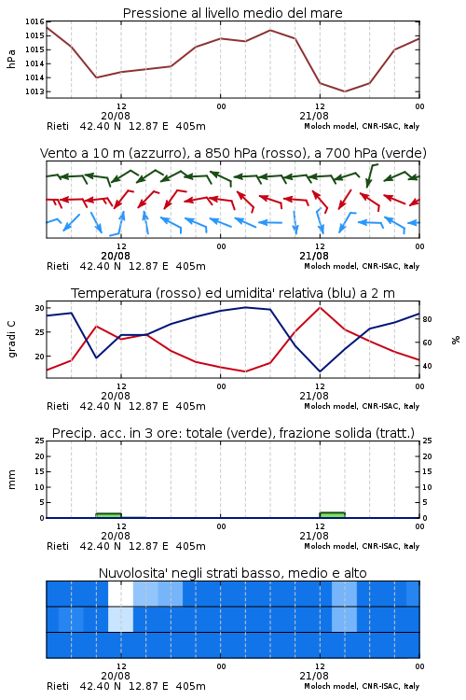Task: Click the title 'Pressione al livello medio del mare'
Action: click(232, 13)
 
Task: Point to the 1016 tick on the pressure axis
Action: click(34, 21)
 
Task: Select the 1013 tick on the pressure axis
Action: click(34, 91)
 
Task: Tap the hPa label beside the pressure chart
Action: click(11, 59)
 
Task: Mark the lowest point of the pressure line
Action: click(344, 91)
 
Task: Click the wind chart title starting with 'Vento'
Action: click(233, 153)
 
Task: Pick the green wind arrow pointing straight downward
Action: click(370, 175)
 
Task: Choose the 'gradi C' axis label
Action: click(12, 340)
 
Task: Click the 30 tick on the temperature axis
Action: click(40, 308)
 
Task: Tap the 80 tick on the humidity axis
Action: click(427, 319)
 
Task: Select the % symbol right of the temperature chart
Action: click(456, 340)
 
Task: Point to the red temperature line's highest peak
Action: click(320, 308)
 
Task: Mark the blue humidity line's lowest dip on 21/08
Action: click(320, 371)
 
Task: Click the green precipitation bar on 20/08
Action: click(108, 515)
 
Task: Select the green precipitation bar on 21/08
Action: click(332, 514)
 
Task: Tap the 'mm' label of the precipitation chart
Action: click(12, 480)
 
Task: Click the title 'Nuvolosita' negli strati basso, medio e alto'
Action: click(232, 573)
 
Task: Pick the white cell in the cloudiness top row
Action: click(120, 594)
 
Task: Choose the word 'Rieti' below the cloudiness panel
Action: click(58, 686)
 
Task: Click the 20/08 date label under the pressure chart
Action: click(116, 116)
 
